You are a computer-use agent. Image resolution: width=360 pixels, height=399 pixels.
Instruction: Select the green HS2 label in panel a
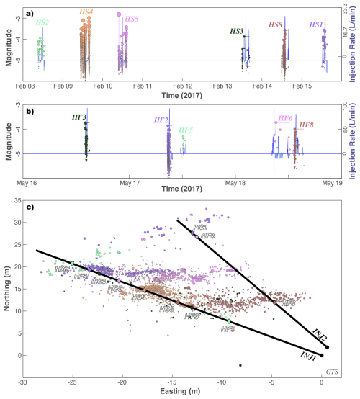(x=42, y=23)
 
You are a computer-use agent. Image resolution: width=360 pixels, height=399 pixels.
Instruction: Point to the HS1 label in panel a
(x=315, y=24)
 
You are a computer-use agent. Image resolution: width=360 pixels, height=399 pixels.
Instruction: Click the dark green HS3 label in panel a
(x=238, y=31)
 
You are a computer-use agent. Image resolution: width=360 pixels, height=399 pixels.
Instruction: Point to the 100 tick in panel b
(x=341, y=105)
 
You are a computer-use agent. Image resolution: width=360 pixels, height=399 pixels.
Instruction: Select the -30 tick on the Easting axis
(x=23, y=381)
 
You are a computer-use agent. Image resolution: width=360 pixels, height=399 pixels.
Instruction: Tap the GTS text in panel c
(x=332, y=371)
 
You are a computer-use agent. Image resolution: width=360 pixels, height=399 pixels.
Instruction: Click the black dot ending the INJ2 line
(x=327, y=347)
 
